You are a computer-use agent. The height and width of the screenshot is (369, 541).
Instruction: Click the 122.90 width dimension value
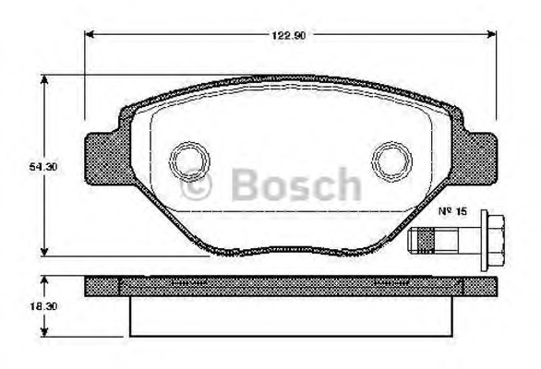288,35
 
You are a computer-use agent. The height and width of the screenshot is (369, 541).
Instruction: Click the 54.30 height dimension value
43,167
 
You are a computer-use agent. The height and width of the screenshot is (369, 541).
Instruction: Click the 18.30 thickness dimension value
43,306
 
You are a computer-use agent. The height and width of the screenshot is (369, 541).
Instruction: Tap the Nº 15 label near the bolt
452,211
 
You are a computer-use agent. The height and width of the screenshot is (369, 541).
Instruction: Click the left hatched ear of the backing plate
103,158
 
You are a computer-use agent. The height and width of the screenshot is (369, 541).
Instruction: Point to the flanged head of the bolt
492,241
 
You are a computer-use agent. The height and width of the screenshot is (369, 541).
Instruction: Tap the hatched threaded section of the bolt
426,241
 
